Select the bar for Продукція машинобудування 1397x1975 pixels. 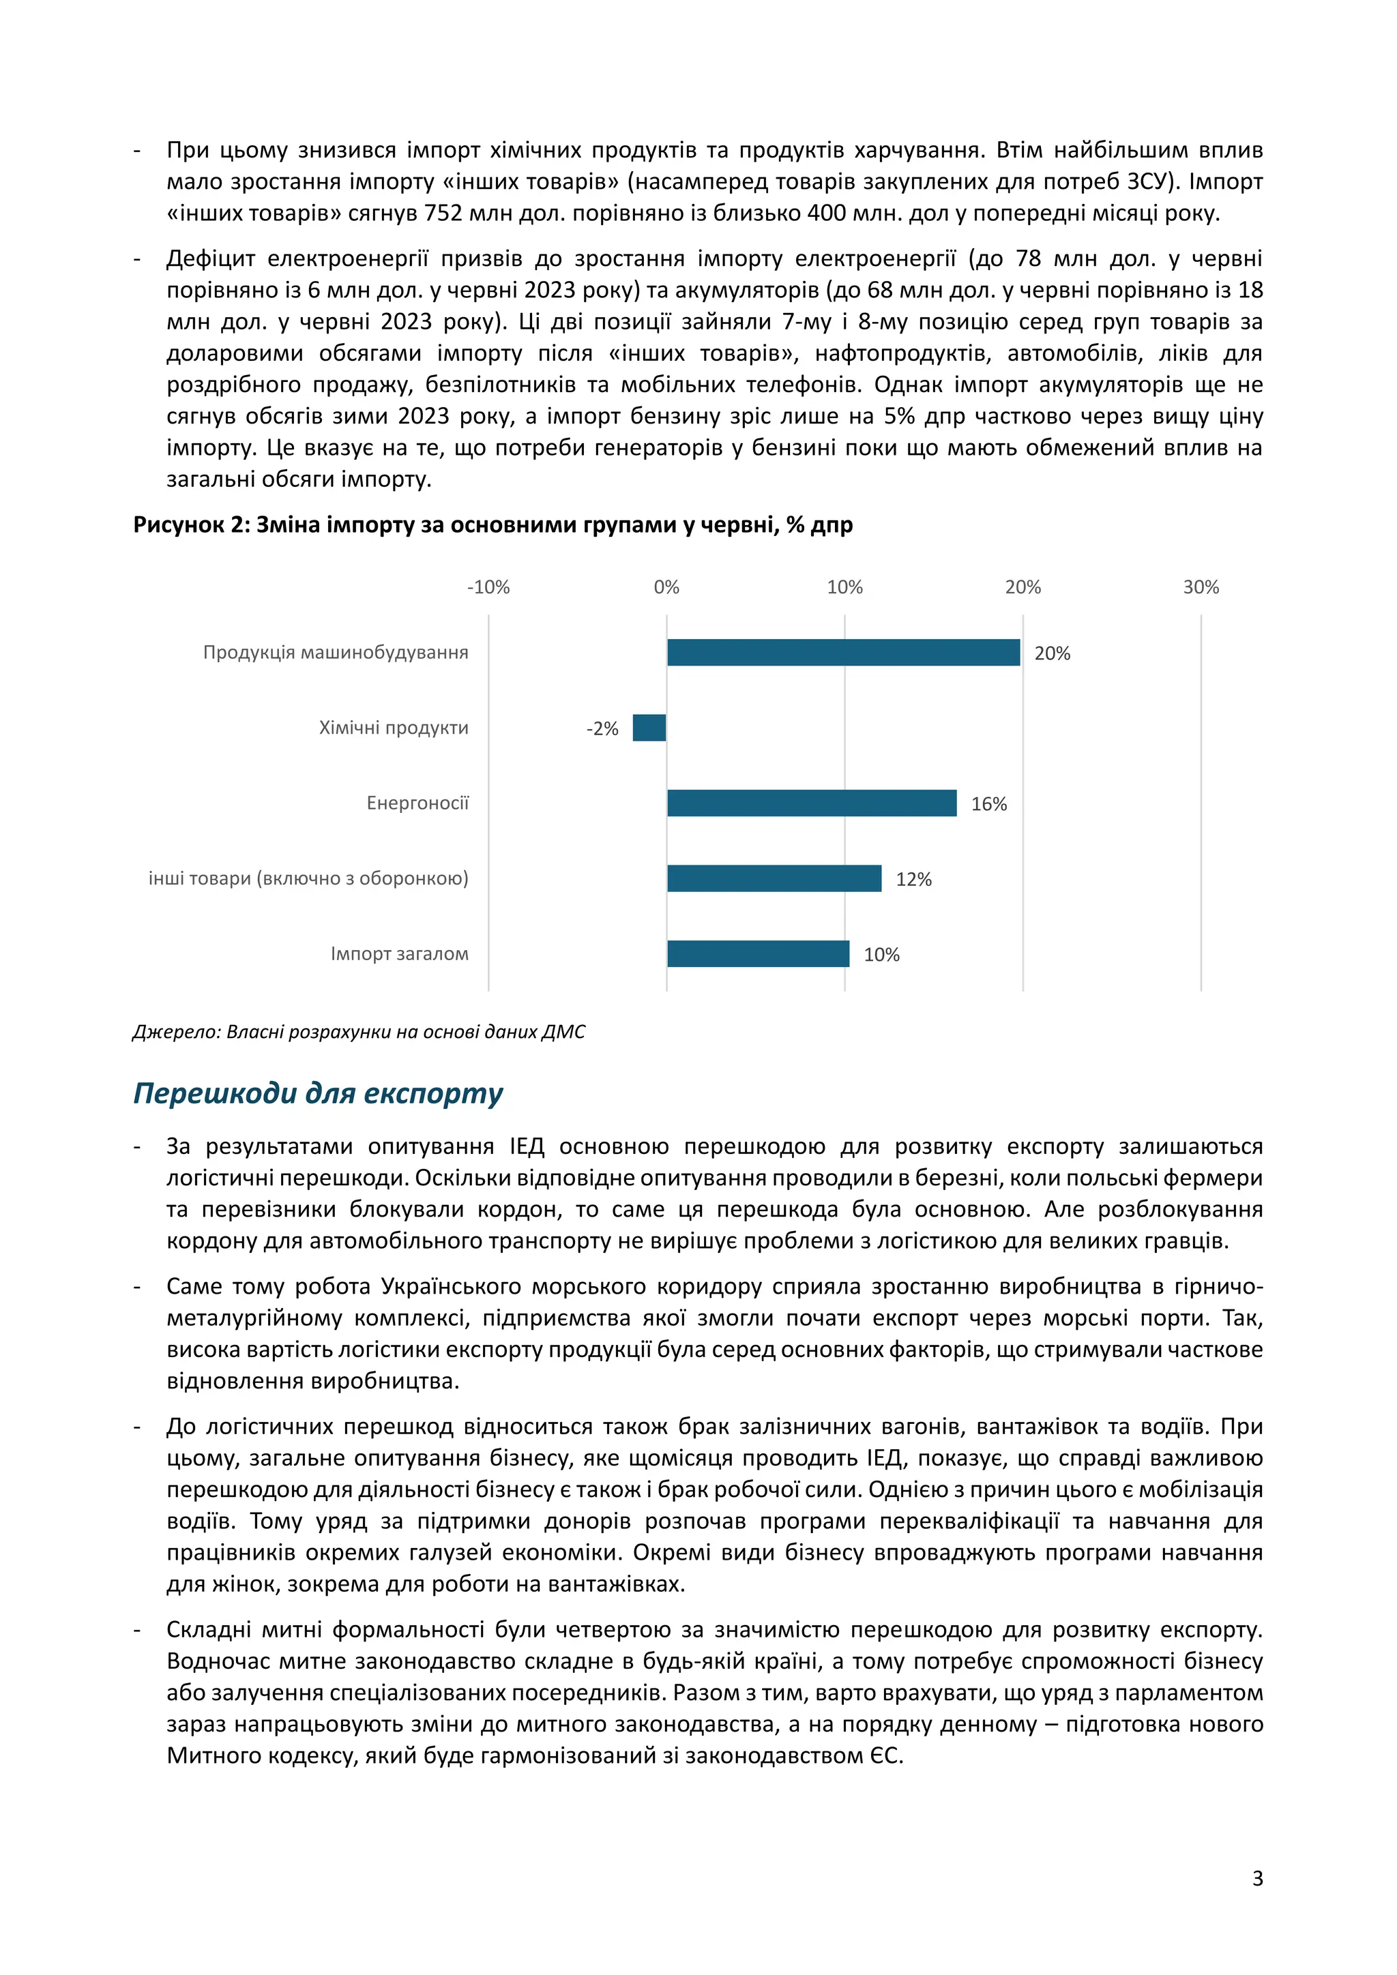pyautogui.click(x=843, y=652)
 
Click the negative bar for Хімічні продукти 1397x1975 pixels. pyautogui.click(x=649, y=728)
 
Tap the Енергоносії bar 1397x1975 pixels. pyautogui.click(x=811, y=803)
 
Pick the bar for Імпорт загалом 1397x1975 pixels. pyautogui.click(x=758, y=953)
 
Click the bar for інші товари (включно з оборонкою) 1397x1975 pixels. pyautogui.click(x=774, y=878)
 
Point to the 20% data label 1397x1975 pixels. pyautogui.click(x=1051, y=654)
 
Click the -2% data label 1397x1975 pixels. pyautogui.click(x=602, y=728)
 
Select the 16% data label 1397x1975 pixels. pyautogui.click(x=988, y=804)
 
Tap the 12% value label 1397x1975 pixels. pyautogui.click(x=913, y=879)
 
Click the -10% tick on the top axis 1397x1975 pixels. pyautogui.click(x=488, y=587)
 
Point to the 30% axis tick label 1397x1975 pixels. pyautogui.click(x=1200, y=587)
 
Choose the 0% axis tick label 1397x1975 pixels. pyautogui.click(x=666, y=587)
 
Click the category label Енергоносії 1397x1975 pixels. pyautogui.click(x=417, y=803)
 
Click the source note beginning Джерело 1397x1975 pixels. pyautogui.click(x=359, y=1031)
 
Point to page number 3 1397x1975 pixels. pyautogui.click(x=1256, y=1877)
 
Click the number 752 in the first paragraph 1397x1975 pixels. pyautogui.click(x=442, y=213)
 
